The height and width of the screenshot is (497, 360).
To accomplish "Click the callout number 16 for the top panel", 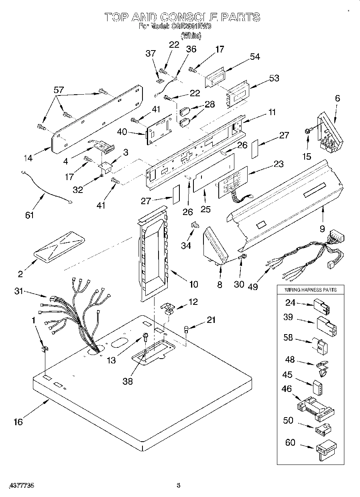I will coord(18,422).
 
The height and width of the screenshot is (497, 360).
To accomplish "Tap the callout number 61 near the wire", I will coord(29,215).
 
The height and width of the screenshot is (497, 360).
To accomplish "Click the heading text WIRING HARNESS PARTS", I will coord(311,290).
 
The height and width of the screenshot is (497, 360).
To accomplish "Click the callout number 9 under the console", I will coord(322,229).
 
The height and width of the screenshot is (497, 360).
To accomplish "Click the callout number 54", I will coord(255,57).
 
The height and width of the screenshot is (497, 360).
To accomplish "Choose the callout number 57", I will coord(59,90).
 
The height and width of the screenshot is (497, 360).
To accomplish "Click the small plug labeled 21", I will coord(186,330).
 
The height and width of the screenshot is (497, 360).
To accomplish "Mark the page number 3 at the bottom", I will coord(179,485).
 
